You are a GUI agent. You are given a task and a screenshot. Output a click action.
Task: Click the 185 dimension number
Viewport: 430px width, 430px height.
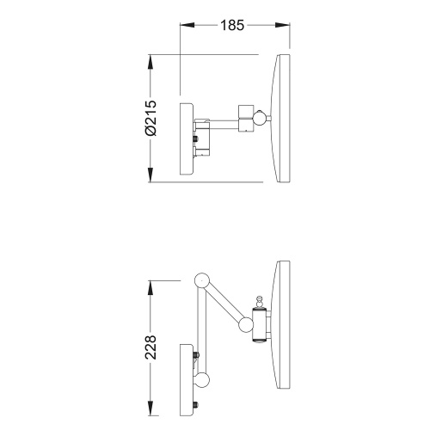coord(232,25)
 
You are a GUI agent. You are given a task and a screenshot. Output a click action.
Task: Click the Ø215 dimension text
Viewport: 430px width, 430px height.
coord(150,118)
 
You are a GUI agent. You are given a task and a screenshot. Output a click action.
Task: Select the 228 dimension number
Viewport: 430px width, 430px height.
coord(150,347)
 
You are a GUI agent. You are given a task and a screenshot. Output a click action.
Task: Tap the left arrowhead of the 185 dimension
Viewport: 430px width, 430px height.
coord(187,25)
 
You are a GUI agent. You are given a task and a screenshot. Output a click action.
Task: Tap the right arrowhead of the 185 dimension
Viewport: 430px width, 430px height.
coord(282,25)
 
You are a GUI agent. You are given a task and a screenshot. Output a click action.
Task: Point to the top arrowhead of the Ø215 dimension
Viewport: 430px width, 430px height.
coord(150,62)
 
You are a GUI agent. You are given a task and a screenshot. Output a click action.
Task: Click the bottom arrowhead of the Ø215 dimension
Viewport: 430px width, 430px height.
coord(150,175)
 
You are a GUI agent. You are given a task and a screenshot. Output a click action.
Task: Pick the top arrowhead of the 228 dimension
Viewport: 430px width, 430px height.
coord(150,288)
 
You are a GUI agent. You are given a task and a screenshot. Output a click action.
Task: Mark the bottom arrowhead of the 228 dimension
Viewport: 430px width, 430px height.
coord(150,408)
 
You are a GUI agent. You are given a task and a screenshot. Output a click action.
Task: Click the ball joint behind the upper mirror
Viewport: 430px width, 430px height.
coord(261,118)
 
